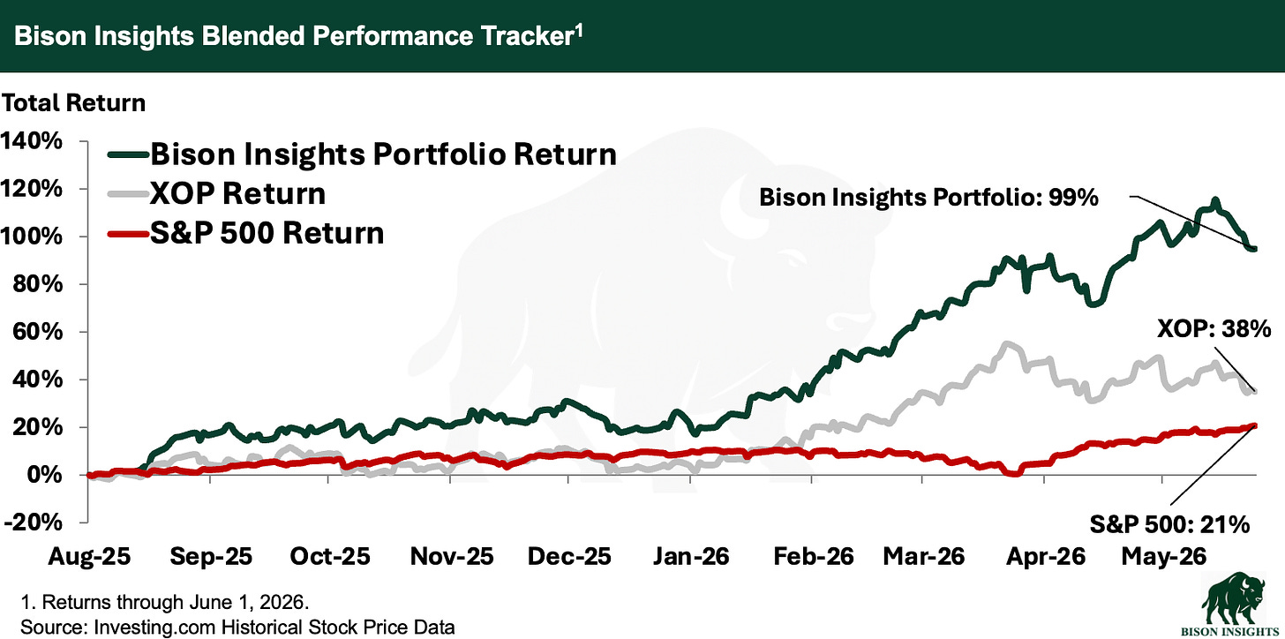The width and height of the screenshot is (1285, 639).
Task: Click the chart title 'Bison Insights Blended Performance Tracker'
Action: coord(293,35)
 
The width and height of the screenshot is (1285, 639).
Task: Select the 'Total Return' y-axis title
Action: coord(73,103)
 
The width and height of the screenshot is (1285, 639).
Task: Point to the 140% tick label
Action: coord(31,141)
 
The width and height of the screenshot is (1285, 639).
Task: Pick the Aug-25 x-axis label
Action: coord(89,556)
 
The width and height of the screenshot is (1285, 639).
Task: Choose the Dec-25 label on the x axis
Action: coord(569,556)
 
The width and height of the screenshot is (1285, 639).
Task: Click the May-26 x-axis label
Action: coord(1163,556)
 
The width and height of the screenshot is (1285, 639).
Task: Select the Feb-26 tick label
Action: coord(814,556)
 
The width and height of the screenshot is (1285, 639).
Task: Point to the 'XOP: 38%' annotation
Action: coord(1214,329)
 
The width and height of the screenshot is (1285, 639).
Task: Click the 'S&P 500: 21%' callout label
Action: coord(1169,524)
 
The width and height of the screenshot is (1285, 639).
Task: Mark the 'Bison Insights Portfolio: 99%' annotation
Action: coord(928,198)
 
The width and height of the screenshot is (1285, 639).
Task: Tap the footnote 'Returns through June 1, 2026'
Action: coord(175,602)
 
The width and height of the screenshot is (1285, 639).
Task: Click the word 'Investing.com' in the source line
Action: coord(154,628)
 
